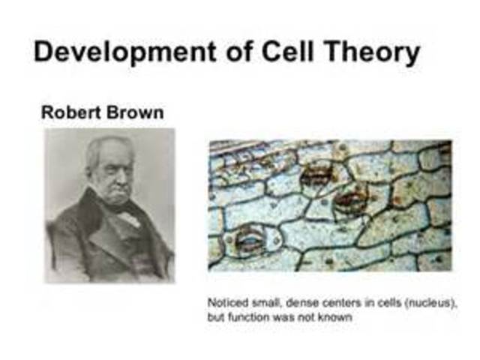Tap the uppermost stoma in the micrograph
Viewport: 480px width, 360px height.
(317, 176)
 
